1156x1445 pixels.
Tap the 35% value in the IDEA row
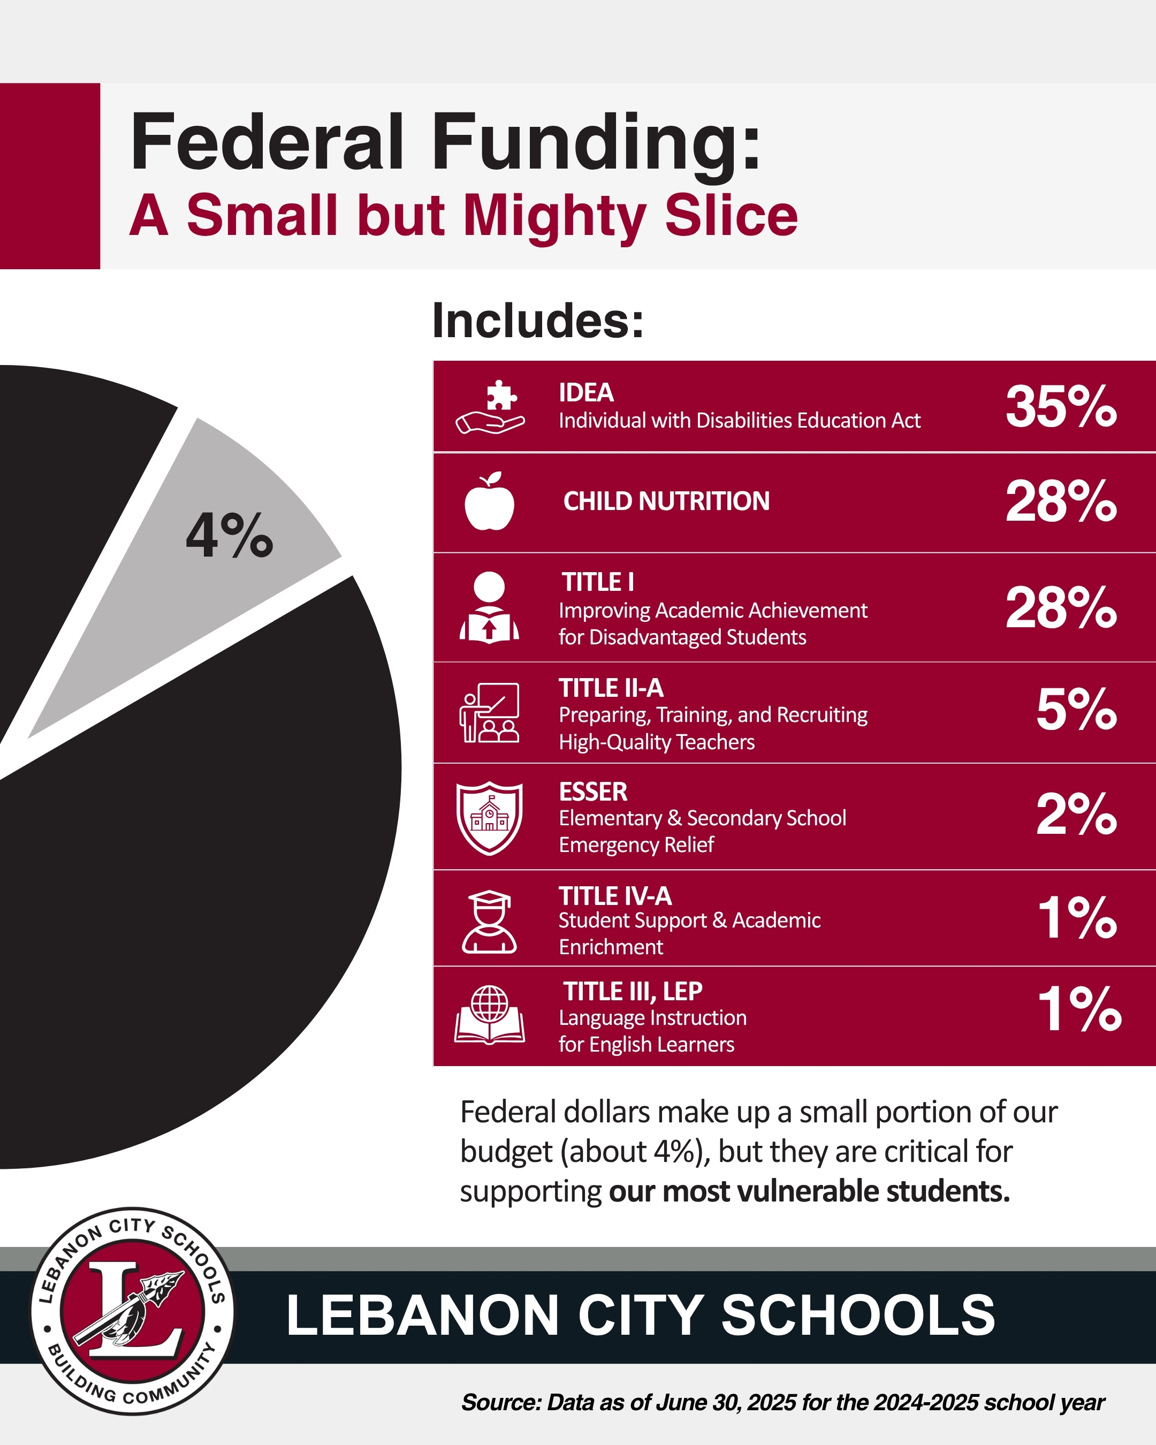(x=1061, y=407)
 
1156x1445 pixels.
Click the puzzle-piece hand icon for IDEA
(x=490, y=407)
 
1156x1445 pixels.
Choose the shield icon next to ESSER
(x=489, y=817)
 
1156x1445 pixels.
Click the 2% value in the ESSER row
(x=1076, y=815)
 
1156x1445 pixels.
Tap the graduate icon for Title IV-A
(x=489, y=922)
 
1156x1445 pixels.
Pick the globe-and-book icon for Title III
(x=489, y=1015)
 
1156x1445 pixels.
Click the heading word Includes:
(x=537, y=321)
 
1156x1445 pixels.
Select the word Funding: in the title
(x=596, y=142)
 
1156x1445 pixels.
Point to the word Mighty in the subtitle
(x=555, y=216)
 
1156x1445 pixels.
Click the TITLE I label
(x=598, y=582)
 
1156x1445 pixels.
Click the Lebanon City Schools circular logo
(x=133, y=1311)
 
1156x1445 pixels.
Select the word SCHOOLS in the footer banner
(x=858, y=1315)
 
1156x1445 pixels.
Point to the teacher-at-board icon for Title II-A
(x=489, y=712)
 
